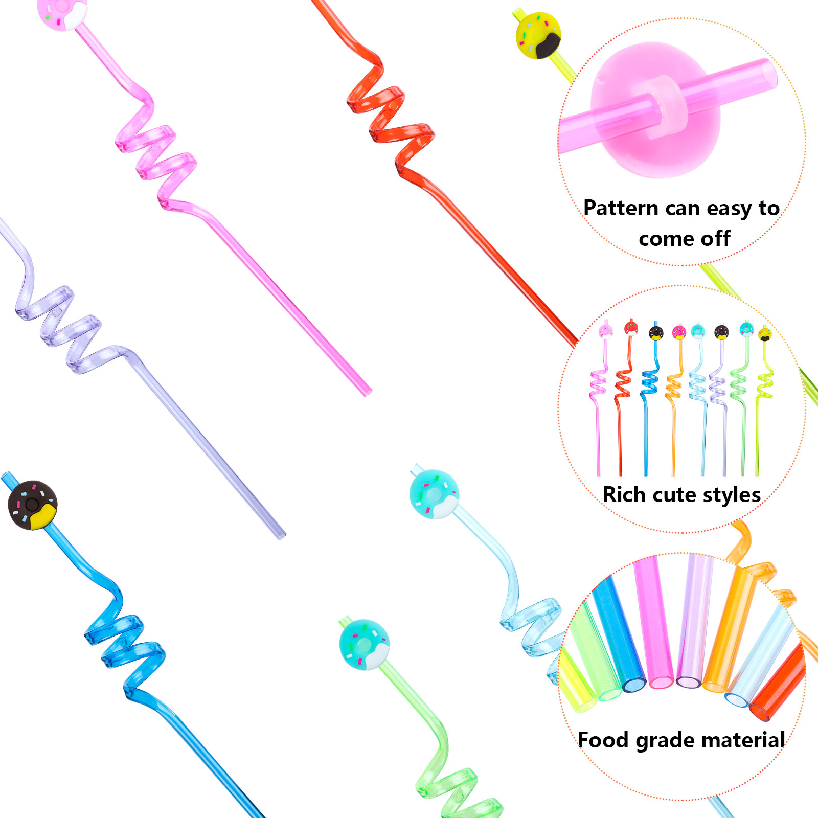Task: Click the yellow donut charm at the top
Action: point(538,36)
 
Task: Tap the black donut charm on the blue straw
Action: point(33,505)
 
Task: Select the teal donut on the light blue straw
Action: point(434,494)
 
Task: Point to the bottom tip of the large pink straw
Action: point(368,393)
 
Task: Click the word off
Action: point(715,239)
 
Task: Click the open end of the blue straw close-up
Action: point(634,685)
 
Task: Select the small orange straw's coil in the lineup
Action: point(674,388)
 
